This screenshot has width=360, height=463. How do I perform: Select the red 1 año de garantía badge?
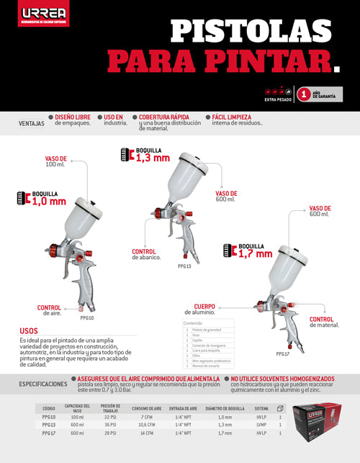pos(304,94)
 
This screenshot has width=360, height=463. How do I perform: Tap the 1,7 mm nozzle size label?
pos(255,253)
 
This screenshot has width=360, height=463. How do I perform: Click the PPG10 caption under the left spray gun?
pos(87,317)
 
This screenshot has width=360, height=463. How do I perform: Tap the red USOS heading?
pos(29,331)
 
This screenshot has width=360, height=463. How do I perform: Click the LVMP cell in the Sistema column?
pos(261,425)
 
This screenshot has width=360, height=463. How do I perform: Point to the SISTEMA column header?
pos(261,407)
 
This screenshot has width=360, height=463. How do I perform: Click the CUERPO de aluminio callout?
pos(201,309)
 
